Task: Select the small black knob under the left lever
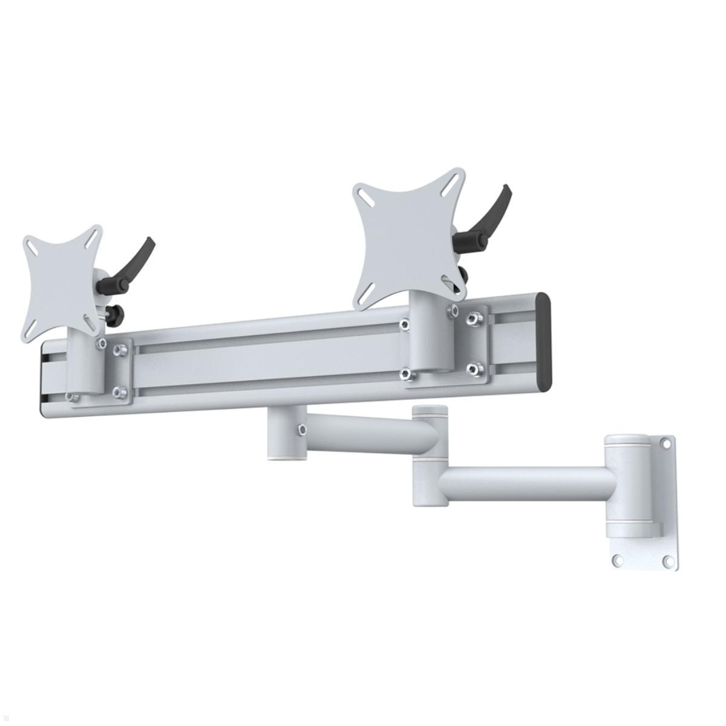point(113,313)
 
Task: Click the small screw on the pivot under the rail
point(299,430)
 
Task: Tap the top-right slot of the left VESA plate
point(94,238)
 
